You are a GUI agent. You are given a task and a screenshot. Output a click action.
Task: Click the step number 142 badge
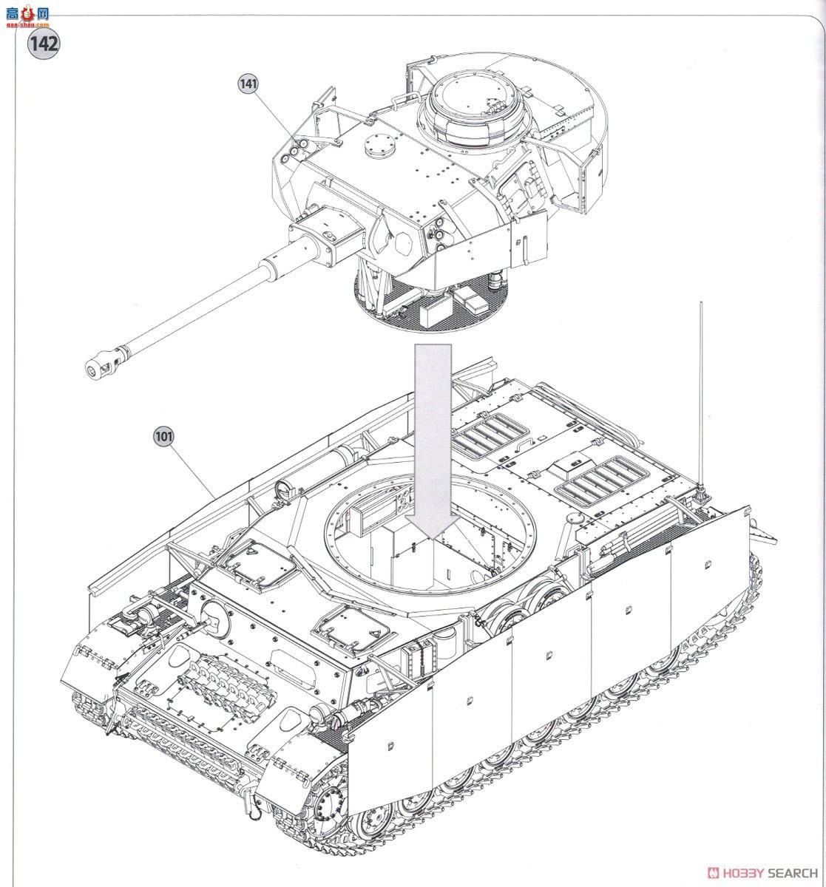click(x=44, y=42)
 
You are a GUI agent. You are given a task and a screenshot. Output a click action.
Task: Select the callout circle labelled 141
click(x=248, y=84)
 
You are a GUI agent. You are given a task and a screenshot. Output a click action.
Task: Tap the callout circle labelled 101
click(x=163, y=436)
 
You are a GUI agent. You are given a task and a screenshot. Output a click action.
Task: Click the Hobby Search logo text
click(x=761, y=872)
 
